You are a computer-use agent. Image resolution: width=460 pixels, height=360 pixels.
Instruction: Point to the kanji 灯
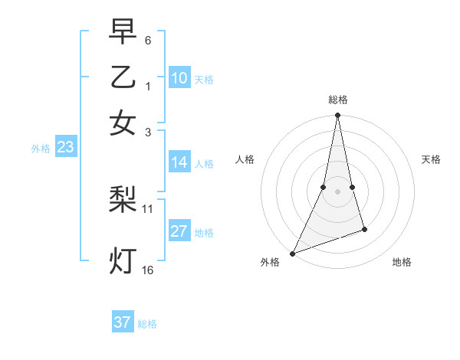click(x=123, y=260)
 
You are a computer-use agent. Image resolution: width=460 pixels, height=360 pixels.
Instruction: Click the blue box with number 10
click(x=179, y=78)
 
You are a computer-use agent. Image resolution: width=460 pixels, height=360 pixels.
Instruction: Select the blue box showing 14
click(x=179, y=162)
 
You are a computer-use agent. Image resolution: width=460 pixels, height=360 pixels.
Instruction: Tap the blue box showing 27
click(x=179, y=232)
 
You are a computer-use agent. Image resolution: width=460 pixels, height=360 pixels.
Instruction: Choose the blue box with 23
click(x=65, y=148)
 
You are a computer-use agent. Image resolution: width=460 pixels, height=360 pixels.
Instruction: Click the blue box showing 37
click(x=123, y=322)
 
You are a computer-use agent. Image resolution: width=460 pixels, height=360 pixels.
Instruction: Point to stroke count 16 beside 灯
click(x=147, y=270)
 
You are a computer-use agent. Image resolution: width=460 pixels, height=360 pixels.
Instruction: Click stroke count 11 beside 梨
click(x=147, y=208)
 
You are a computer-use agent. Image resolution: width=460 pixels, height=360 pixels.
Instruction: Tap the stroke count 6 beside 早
click(x=148, y=39)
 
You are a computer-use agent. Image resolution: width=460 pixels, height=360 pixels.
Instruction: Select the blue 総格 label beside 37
click(x=147, y=324)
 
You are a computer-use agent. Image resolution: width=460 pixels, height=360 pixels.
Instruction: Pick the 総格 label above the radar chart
click(x=337, y=100)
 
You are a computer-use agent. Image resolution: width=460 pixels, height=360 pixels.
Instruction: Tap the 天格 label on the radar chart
click(x=431, y=159)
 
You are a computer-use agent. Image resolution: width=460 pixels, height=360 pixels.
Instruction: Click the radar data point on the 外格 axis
click(x=292, y=254)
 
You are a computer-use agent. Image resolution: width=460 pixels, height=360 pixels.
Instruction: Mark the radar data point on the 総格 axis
click(x=337, y=116)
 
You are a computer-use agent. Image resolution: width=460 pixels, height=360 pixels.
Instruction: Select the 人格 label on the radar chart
click(x=245, y=159)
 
